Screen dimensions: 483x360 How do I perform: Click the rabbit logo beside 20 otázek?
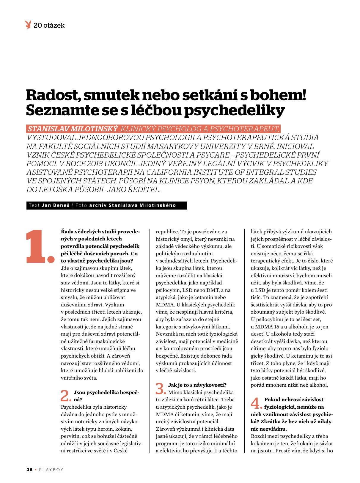click(29, 25)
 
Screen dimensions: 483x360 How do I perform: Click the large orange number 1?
click(40, 246)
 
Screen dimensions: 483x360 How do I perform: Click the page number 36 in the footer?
click(29, 470)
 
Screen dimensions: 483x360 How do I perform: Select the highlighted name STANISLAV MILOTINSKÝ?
click(73, 129)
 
